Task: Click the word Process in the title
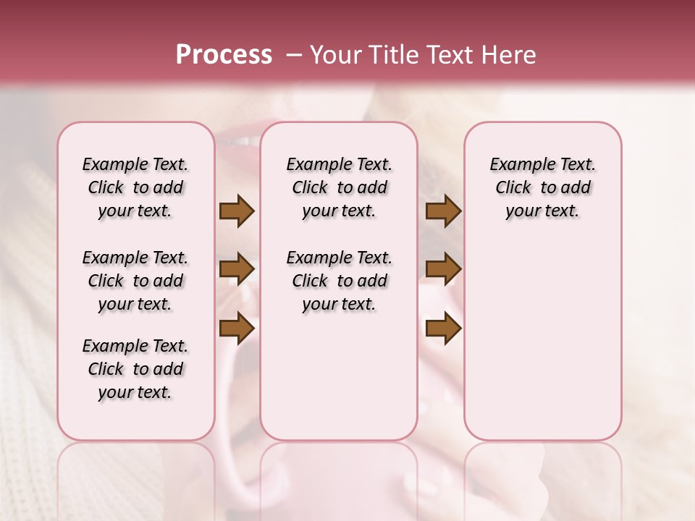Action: coord(224,55)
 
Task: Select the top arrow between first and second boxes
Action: coord(237,211)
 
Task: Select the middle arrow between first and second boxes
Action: coord(237,269)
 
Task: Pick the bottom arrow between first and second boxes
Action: coord(237,328)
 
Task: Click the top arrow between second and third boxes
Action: coord(443,211)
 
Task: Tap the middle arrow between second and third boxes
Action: coord(443,269)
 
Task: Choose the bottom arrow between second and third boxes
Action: coord(443,328)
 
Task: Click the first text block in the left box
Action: coord(135,187)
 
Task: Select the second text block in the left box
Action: coord(135,281)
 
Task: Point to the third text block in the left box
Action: coord(135,369)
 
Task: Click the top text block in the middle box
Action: coord(339,187)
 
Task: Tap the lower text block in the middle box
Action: coord(339,281)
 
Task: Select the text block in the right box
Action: coord(542,187)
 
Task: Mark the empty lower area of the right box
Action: coord(542,347)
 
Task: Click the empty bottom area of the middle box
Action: coord(339,384)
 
